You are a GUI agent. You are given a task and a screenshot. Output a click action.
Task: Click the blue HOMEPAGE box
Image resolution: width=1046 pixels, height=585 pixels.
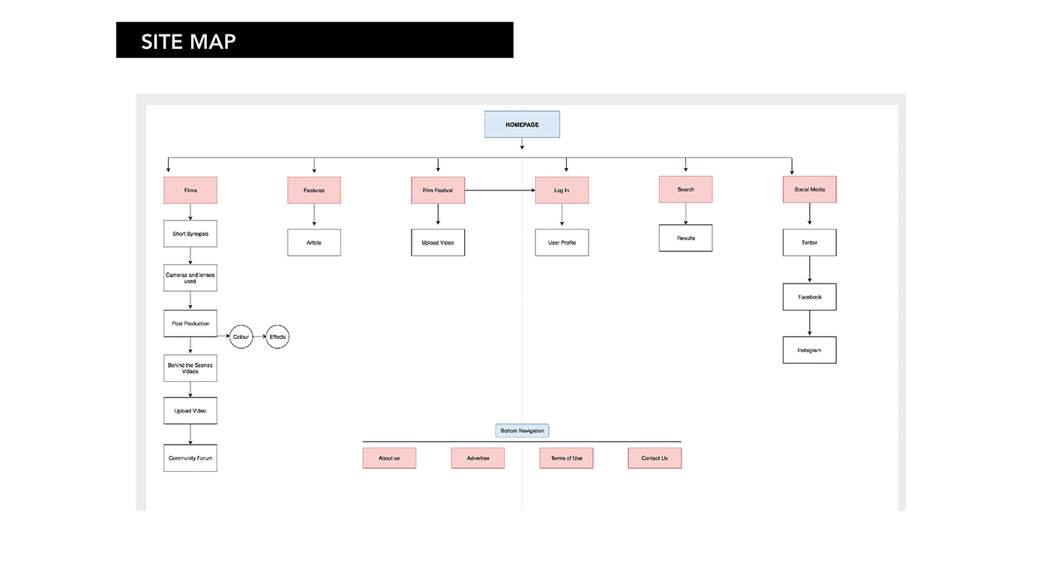pyautogui.click(x=522, y=124)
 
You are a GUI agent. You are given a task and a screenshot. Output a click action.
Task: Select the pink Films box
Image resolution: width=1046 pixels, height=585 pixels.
pyautogui.click(x=190, y=190)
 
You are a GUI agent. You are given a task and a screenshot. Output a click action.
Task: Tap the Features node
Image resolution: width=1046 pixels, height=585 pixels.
pyautogui.click(x=314, y=190)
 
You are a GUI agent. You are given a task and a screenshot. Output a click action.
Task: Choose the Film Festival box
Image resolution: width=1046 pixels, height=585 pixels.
pyautogui.click(x=438, y=190)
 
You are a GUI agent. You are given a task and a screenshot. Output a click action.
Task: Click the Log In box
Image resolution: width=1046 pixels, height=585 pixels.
pyautogui.click(x=562, y=190)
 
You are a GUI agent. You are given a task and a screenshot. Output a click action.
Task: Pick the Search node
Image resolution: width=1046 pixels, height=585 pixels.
pyautogui.click(x=685, y=190)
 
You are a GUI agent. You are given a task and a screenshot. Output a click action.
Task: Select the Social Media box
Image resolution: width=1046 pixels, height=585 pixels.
pyautogui.click(x=810, y=190)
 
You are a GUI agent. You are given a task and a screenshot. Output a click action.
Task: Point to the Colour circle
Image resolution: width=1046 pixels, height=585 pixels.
pyautogui.click(x=241, y=337)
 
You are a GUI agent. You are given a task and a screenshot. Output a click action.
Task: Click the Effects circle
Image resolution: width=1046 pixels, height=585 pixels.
pyautogui.click(x=277, y=337)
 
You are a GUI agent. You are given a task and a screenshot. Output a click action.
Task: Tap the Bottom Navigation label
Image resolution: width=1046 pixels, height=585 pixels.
pyautogui.click(x=522, y=430)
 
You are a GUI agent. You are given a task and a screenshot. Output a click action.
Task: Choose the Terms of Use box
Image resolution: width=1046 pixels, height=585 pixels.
pyautogui.click(x=566, y=458)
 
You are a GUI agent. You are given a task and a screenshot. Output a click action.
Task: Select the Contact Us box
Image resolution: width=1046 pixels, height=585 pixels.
pyautogui.click(x=655, y=458)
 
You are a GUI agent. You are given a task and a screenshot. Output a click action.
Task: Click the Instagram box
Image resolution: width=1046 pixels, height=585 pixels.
pyautogui.click(x=810, y=350)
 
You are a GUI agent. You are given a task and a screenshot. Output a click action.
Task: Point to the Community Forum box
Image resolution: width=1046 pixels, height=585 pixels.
pyautogui.click(x=190, y=458)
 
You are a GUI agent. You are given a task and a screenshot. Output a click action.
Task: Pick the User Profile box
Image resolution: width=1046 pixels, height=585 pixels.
pyautogui.click(x=562, y=243)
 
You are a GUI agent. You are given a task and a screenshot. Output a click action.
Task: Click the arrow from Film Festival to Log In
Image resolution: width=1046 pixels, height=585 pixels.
pyautogui.click(x=499, y=190)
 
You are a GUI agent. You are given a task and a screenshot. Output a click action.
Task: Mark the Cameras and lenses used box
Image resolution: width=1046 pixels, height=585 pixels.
pyautogui.click(x=190, y=278)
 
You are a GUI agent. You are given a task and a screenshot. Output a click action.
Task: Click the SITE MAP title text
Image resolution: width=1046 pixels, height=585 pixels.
pyautogui.click(x=188, y=40)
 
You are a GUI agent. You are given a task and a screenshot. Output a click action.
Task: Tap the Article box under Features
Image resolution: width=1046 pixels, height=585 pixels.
pyautogui.click(x=314, y=243)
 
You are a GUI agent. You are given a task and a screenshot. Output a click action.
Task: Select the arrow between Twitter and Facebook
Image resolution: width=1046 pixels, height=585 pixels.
pyautogui.click(x=810, y=270)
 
